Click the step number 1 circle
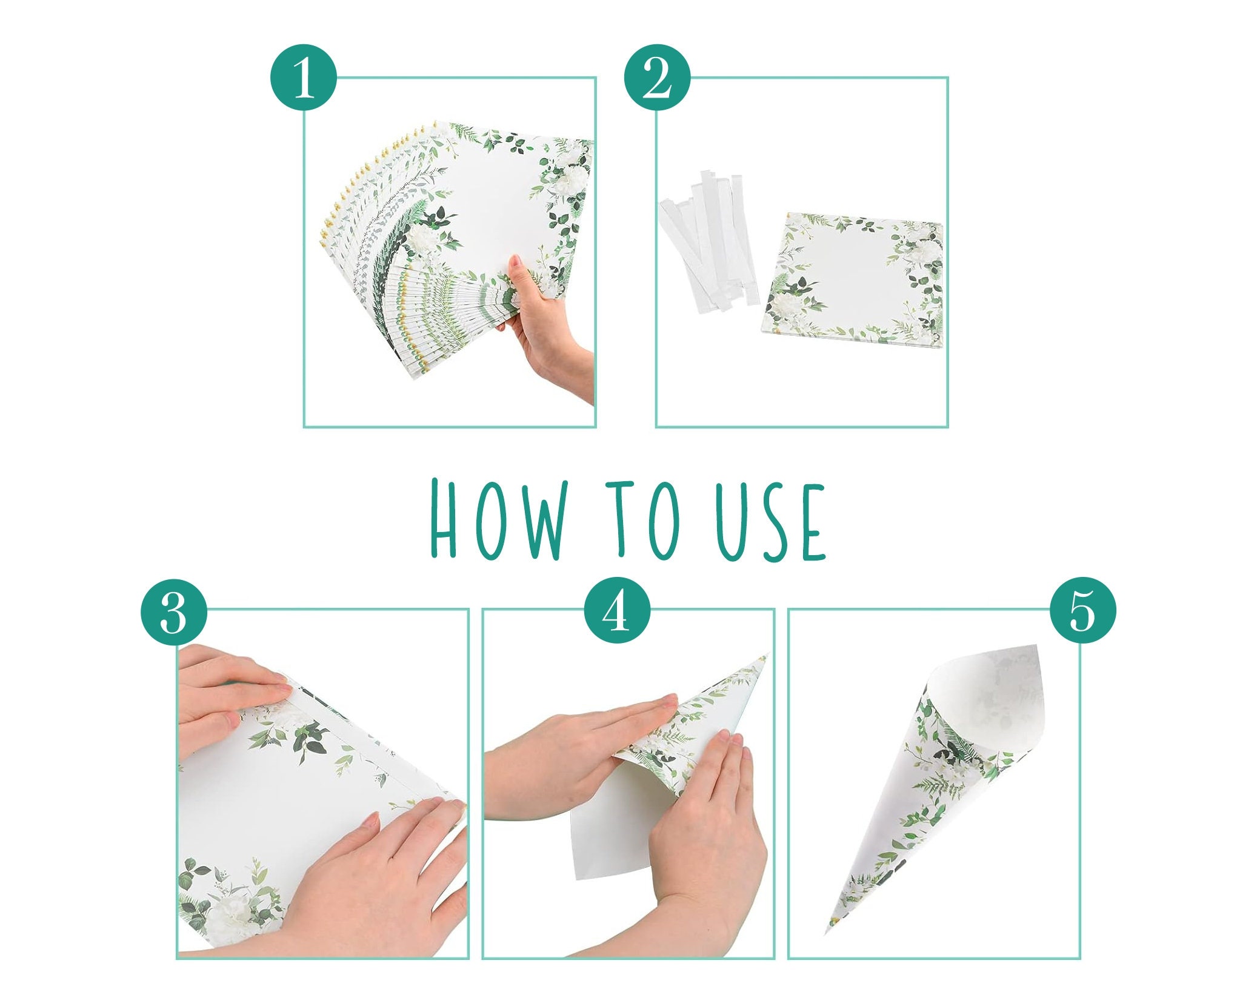click(302, 77)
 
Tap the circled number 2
click(657, 77)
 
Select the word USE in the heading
click(770, 520)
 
